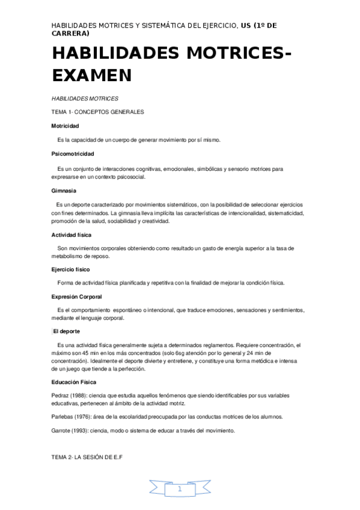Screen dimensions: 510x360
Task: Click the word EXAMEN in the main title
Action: click(91, 75)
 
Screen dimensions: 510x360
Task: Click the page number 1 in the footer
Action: click(179, 490)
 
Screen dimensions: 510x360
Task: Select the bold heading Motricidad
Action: click(65, 126)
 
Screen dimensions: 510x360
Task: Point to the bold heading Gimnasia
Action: click(64, 191)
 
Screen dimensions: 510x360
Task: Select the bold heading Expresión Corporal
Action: click(76, 296)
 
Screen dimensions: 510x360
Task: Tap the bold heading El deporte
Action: click(66, 331)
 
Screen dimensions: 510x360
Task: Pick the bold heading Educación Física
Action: click(74, 382)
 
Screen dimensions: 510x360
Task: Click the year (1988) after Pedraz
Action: click(79, 395)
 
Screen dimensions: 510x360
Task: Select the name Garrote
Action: click(62, 431)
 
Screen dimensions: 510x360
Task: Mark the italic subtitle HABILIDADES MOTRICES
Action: click(85, 97)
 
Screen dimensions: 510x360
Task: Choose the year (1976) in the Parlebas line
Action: click(85, 417)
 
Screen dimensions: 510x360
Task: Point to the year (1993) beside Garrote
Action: click(82, 431)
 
